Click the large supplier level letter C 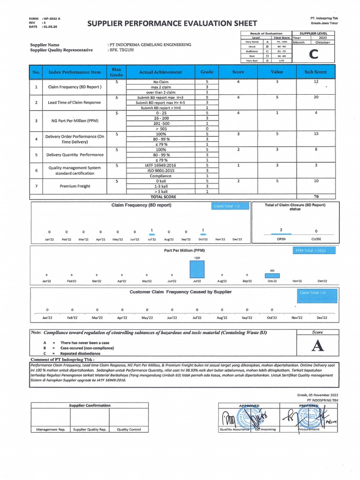tap(311, 54)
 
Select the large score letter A tap(317, 346)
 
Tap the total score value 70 tap(316, 197)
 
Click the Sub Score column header tap(316, 72)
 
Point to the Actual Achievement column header tap(160, 72)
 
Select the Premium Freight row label tap(75, 186)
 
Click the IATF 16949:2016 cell tap(160, 165)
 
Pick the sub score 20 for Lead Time tap(316, 97)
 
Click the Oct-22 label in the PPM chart tap(272, 281)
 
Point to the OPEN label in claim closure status tap(281, 239)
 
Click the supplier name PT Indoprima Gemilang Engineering tap(149, 45)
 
